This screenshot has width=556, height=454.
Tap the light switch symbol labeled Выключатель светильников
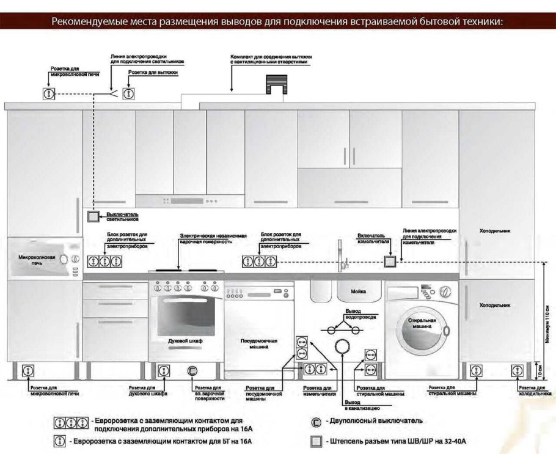pos(92,216)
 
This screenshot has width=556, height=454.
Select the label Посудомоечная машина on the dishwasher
pos(259,343)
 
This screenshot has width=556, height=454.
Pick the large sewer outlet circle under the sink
pos(342,348)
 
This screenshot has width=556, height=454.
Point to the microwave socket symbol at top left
pos(48,93)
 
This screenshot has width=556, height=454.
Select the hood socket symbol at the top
pos(128,93)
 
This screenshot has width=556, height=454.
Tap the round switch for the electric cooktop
pos(193,370)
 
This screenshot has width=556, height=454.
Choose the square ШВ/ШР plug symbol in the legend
pos(316,441)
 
